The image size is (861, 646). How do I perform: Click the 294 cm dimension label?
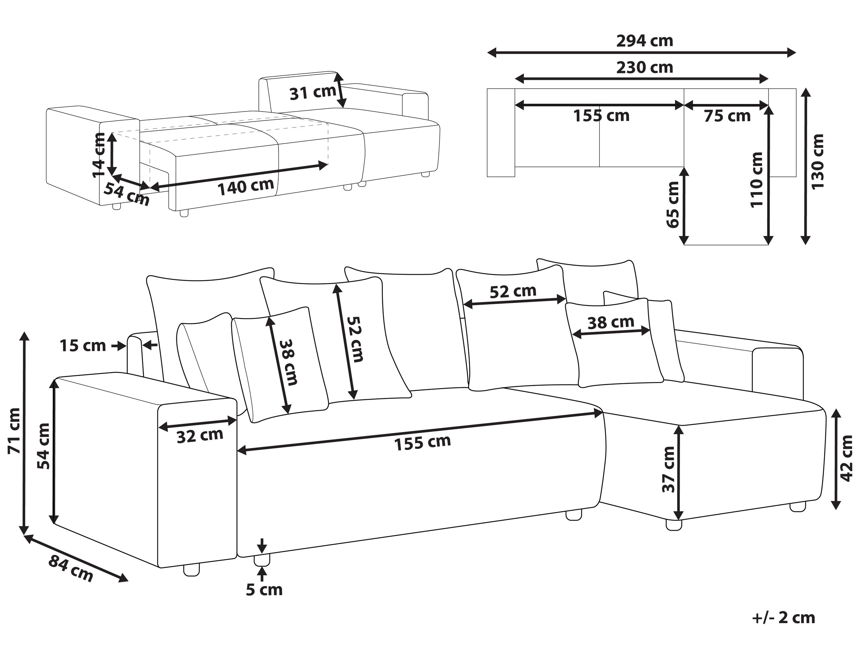tap(645, 41)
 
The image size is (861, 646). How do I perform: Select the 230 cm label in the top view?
tap(645, 68)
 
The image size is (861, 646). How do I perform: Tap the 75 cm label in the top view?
tap(727, 116)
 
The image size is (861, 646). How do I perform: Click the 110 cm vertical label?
tap(756, 180)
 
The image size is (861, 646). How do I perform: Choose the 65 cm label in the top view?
tap(673, 204)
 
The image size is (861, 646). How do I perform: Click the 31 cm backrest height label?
tap(313, 93)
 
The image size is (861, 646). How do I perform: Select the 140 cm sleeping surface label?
tap(245, 186)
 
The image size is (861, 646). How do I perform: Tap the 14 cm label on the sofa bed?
tap(99, 155)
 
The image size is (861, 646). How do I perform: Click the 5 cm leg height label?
tap(264, 590)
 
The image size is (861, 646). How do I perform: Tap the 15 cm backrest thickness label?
tap(82, 345)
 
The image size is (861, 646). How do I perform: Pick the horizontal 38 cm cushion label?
tap(610, 322)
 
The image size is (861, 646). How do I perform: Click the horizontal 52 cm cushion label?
tap(513, 291)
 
